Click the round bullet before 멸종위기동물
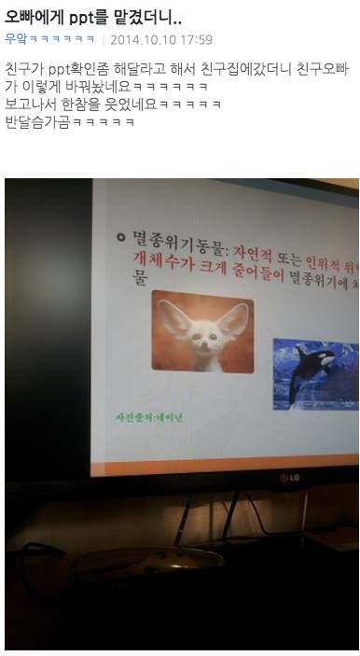pyautogui.click(x=121, y=238)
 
